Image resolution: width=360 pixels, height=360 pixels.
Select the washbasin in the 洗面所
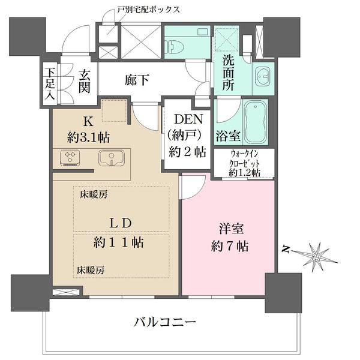coord(262,76)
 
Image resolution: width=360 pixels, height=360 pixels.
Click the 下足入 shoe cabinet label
coord(49,82)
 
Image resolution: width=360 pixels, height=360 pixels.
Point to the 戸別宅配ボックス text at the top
coord(148,10)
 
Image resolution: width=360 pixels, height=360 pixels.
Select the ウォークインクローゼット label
coord(244,163)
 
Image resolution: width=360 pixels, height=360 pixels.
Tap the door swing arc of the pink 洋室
coord(191,187)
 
